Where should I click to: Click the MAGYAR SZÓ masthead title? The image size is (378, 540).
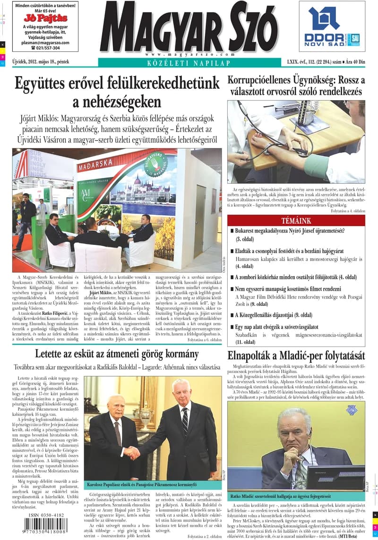[x=189, y=28]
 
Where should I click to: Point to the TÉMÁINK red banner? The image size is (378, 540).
[x=296, y=220]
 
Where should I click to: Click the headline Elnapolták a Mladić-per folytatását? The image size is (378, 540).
[x=296, y=355]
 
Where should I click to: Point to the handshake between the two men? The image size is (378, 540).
[x=132, y=453]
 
